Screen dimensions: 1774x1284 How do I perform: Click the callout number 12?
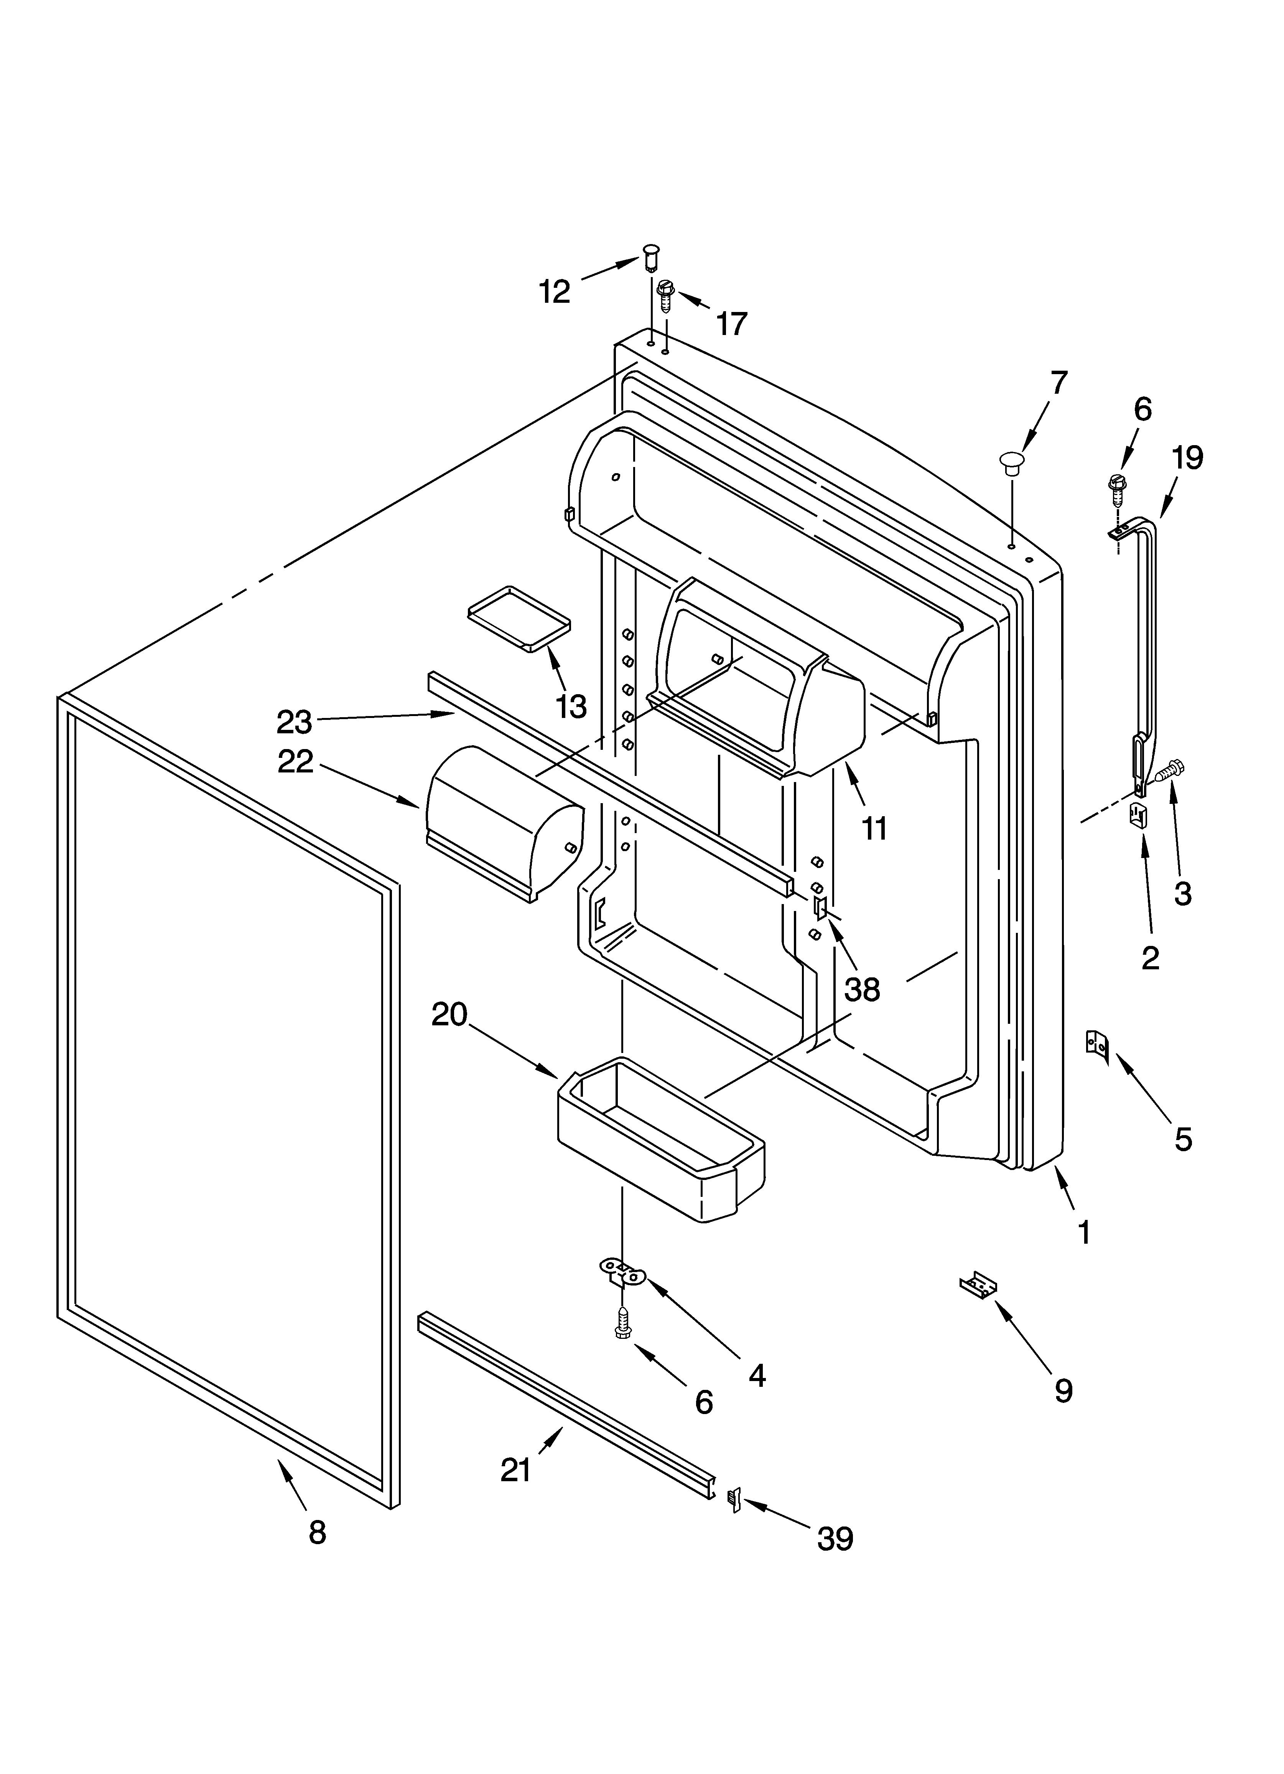pyautogui.click(x=555, y=292)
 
